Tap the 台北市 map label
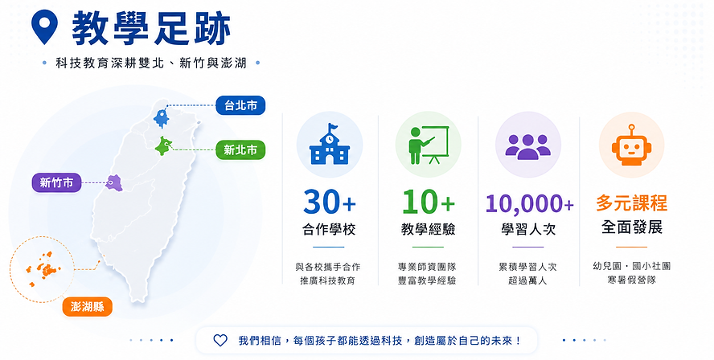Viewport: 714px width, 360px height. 240,105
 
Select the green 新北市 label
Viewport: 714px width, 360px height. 240,149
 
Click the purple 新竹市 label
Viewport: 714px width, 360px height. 56,182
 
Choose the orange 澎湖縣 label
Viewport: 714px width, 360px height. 88,307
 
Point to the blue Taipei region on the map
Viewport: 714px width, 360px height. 162,117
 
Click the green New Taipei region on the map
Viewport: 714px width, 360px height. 163,146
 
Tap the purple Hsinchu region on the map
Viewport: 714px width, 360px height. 114,182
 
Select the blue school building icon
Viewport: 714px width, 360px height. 329,144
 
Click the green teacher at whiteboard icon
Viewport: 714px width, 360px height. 429,145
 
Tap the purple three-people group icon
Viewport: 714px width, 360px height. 528,146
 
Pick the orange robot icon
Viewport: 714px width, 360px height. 631,145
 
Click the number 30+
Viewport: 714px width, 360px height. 330,202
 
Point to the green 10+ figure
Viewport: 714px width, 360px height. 429,202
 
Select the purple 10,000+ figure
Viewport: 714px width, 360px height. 529,203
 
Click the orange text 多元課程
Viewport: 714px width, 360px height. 631,203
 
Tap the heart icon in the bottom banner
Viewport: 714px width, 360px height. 220,341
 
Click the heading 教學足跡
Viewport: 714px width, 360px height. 152,28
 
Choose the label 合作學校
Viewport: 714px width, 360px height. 329,229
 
